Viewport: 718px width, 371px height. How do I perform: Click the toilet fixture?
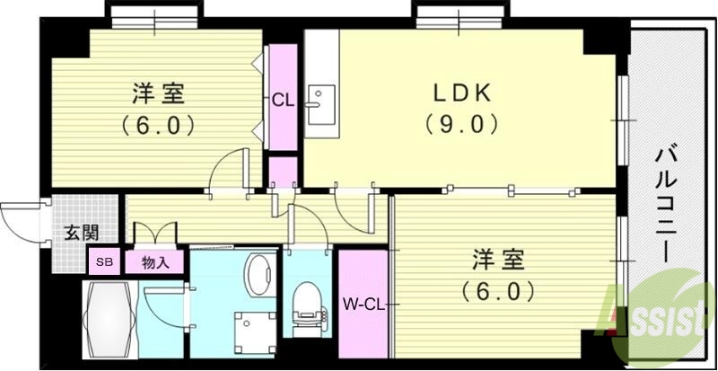306,304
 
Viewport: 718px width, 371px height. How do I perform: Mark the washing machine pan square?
252,326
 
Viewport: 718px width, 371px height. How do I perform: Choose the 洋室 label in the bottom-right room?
498,261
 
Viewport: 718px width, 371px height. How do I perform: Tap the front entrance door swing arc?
18,216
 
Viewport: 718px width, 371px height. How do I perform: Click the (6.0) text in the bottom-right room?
498,291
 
